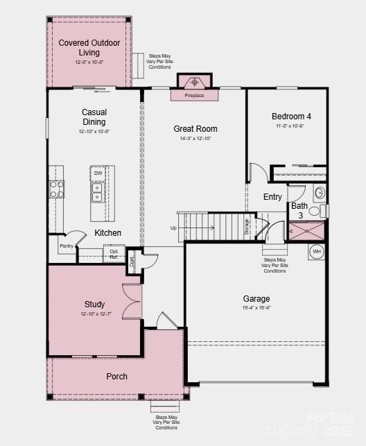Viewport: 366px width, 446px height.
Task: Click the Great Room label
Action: (x=195, y=128)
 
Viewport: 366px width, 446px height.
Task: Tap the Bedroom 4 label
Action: (x=291, y=116)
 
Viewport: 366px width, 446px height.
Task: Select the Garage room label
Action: (x=256, y=299)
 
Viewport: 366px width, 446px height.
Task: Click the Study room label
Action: (x=95, y=304)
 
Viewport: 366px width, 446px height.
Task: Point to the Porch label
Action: (x=116, y=377)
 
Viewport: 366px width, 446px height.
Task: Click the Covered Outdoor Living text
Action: (x=89, y=47)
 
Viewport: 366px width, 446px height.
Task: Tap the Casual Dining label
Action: (x=94, y=117)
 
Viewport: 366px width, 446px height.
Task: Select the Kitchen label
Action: (x=107, y=233)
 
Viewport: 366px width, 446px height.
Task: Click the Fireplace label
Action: (x=194, y=95)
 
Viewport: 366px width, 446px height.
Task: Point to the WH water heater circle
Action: (x=317, y=251)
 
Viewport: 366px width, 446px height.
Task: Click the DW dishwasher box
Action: (x=98, y=173)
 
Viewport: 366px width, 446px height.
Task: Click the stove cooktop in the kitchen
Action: (x=56, y=189)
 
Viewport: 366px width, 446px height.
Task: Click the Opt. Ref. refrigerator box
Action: (x=114, y=255)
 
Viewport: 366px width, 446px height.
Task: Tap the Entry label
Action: (x=272, y=197)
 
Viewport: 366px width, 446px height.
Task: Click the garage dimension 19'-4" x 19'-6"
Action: (x=256, y=309)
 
